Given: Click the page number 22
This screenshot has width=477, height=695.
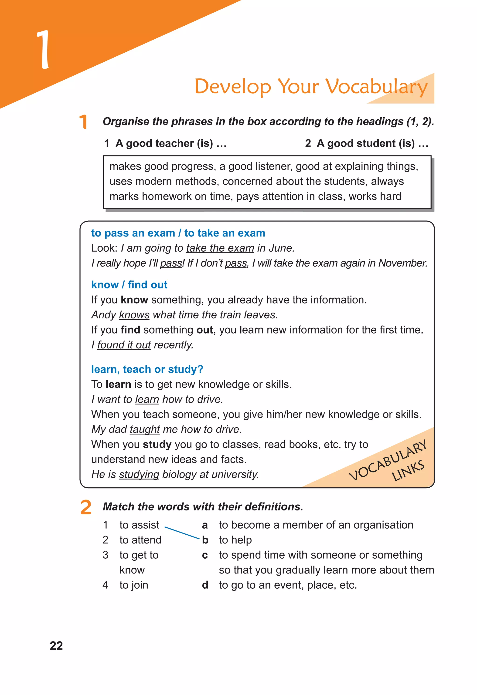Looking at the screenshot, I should coord(56,646).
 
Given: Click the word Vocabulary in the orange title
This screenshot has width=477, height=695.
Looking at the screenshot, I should coord(376,87).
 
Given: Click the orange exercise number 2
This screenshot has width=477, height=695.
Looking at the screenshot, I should coord(86,507).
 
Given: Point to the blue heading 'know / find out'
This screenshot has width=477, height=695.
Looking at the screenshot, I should coord(129,285).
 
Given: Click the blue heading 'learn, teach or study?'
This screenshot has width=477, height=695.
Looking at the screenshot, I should coord(147,369).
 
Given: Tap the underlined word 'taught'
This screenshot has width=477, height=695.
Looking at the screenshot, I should coord(145,429).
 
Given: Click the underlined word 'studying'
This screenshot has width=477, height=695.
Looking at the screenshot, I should coord(139,475).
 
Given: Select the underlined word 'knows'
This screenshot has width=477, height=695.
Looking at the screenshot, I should coord(134,315).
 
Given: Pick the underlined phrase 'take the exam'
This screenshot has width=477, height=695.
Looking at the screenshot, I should coord(220,248).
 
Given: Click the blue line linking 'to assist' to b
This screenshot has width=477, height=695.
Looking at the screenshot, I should coord(182,533).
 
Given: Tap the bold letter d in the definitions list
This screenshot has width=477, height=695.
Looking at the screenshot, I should coord(205,585).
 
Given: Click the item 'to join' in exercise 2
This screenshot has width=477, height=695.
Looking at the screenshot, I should coord(134,585).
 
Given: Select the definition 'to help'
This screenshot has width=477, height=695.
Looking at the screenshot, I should coord(235,540).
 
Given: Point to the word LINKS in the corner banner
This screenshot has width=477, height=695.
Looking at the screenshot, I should coord(408,470).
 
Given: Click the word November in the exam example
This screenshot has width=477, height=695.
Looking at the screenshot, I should coord(402,263).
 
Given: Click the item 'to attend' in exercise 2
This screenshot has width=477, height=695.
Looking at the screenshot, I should coord(140,540).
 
